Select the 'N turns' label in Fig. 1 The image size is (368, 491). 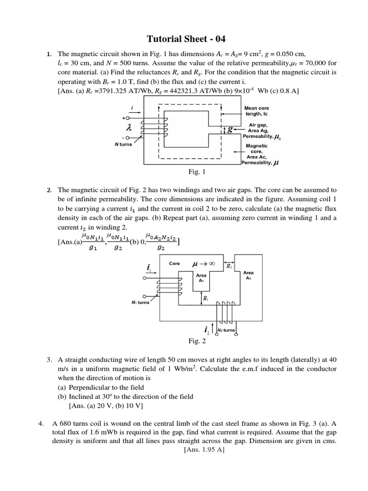(x=123, y=144)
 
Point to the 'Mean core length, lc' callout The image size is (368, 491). (x=257, y=111)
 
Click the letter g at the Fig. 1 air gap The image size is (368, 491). (x=230, y=129)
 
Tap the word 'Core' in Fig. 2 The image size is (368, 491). (x=174, y=263)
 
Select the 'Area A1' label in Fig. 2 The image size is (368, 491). (x=202, y=278)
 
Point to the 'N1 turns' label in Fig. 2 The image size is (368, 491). (x=140, y=303)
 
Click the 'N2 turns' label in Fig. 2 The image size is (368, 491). (x=226, y=330)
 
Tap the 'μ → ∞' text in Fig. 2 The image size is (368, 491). (x=202, y=264)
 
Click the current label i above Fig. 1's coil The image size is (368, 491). (x=131, y=109)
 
